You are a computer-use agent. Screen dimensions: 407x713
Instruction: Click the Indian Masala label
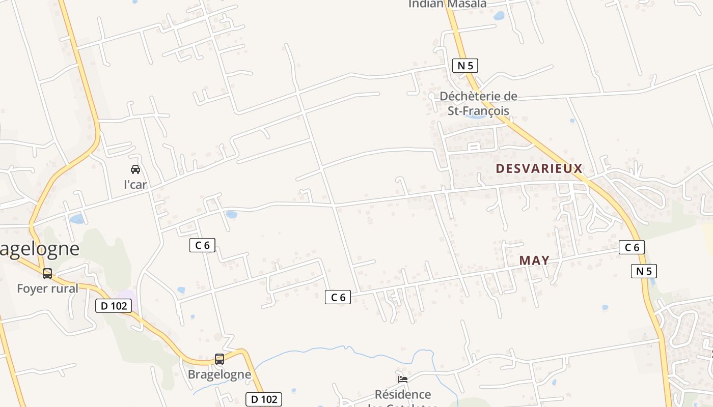pyautogui.click(x=448, y=4)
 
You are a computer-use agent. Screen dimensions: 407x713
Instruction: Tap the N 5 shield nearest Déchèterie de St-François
pyautogui.click(x=465, y=66)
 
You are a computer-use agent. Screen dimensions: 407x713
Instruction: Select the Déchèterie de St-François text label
pyautogui.click(x=478, y=103)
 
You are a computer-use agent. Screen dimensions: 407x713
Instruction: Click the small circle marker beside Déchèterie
pyautogui.click(x=431, y=96)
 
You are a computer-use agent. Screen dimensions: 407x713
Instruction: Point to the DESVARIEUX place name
pyautogui.click(x=539, y=168)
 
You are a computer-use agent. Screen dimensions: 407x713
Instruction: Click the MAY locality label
pyautogui.click(x=534, y=260)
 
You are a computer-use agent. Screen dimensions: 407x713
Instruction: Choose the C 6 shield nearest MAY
pyautogui.click(x=632, y=248)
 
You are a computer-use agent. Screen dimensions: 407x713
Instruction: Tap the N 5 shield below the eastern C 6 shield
pyautogui.click(x=644, y=271)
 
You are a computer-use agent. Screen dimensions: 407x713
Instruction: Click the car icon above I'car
pyautogui.click(x=135, y=169)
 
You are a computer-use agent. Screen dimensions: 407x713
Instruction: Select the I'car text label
pyautogui.click(x=135, y=185)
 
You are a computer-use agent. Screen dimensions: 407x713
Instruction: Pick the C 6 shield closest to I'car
pyautogui.click(x=202, y=245)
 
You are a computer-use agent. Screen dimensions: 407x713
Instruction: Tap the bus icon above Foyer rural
pyautogui.click(x=47, y=274)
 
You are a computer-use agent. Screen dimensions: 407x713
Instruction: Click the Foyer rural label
pyautogui.click(x=48, y=289)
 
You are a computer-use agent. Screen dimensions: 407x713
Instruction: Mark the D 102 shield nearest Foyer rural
pyautogui.click(x=114, y=306)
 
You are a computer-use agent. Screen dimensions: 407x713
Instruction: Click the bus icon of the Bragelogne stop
pyautogui.click(x=220, y=359)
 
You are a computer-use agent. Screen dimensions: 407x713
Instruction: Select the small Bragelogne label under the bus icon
pyautogui.click(x=220, y=374)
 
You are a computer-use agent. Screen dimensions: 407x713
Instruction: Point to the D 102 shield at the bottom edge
pyautogui.click(x=264, y=399)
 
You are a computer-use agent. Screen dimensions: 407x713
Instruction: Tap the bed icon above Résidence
pyautogui.click(x=403, y=379)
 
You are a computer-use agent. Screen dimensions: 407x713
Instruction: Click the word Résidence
pyautogui.click(x=403, y=394)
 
